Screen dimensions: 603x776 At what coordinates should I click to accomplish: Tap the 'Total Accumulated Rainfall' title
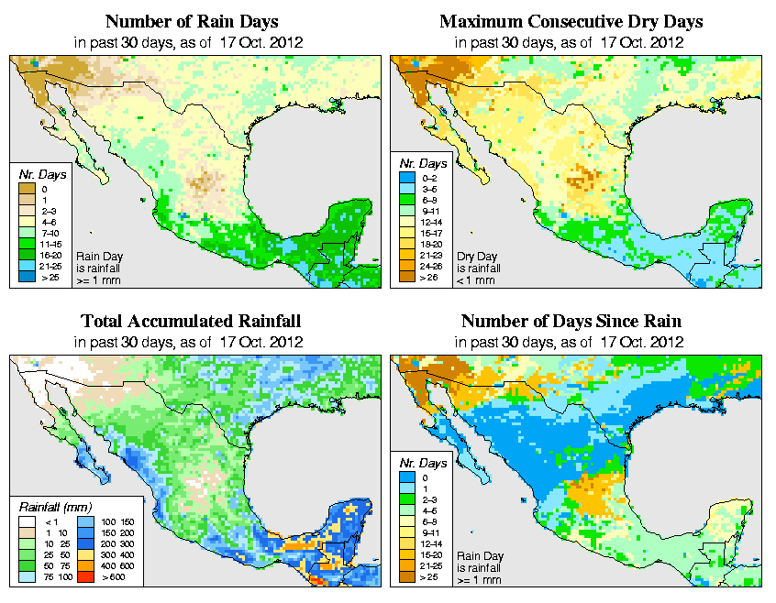click(x=191, y=322)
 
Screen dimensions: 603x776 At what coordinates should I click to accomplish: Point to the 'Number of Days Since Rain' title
click(x=571, y=322)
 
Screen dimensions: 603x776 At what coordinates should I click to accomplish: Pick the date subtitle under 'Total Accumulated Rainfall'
click(x=191, y=341)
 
